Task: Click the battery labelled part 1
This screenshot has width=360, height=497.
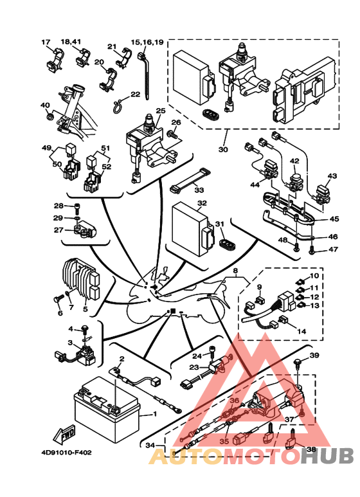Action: click(107, 409)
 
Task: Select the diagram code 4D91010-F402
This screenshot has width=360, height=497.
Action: click(66, 453)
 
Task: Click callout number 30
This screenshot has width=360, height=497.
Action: click(223, 149)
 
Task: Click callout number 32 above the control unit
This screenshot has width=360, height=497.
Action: click(202, 203)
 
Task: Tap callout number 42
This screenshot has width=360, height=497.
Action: click(294, 161)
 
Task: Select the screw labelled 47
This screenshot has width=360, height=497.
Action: click(313, 251)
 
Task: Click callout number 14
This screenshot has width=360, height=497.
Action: click(301, 331)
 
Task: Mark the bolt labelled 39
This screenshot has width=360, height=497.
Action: click(298, 363)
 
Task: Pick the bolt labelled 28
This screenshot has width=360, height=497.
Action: click(77, 206)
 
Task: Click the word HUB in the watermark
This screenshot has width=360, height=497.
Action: click(327, 456)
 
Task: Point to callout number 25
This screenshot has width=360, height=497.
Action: click(161, 111)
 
